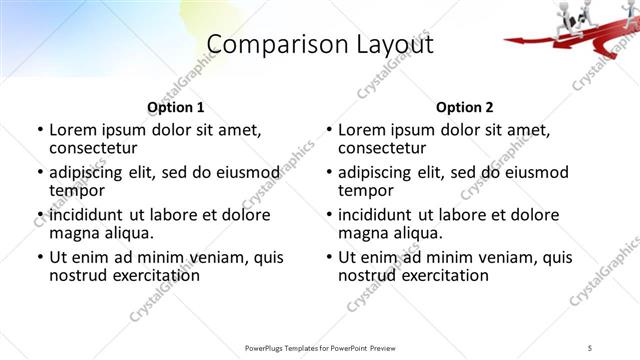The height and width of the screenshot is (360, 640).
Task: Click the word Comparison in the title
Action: click(262, 45)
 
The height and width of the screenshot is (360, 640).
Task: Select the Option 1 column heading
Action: click(176, 107)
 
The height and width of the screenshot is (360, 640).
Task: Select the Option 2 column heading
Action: click(465, 107)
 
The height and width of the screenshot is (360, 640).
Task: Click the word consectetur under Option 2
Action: click(381, 149)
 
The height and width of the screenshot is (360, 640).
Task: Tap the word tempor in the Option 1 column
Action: click(76, 191)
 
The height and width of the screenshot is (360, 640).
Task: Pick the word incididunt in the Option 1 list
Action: click(86, 214)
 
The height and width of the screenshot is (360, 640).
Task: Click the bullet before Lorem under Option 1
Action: click(39, 130)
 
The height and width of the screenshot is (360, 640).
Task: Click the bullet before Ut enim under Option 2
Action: click(328, 257)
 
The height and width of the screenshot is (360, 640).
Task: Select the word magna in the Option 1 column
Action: click(73, 233)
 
